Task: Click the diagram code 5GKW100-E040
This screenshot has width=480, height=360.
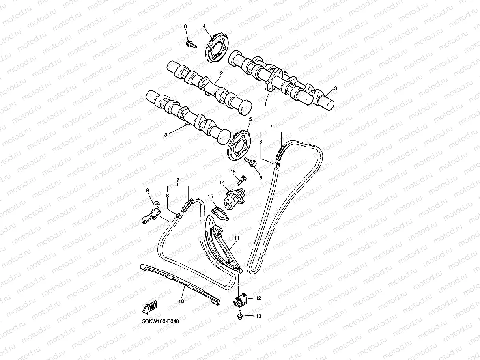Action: pos(161,321)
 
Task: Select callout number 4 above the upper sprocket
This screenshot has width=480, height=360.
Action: pos(204,26)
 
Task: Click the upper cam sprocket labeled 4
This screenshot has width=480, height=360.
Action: pos(216,49)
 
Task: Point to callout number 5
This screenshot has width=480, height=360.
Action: pos(250,119)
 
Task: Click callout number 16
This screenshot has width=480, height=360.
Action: pos(233,172)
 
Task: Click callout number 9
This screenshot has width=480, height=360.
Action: pos(148,191)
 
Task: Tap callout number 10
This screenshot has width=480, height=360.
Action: pos(181,301)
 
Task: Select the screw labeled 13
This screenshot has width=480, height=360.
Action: pos(239,315)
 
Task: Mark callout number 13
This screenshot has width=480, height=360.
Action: pos(258,316)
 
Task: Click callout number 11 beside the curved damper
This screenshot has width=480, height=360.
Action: pos(237,238)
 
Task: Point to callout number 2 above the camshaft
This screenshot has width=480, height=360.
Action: pos(221,73)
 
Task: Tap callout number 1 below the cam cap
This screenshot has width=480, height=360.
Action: pos(265,104)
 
